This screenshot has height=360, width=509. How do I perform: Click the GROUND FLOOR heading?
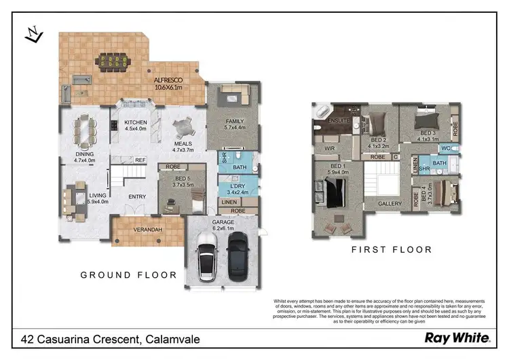coord(128,275)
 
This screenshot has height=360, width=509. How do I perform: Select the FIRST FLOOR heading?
coord(392,250)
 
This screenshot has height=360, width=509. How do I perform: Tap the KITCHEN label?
coord(136,123)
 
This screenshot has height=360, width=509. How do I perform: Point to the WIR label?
coord(331,147)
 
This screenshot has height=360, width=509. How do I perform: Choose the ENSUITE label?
coord(339,120)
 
